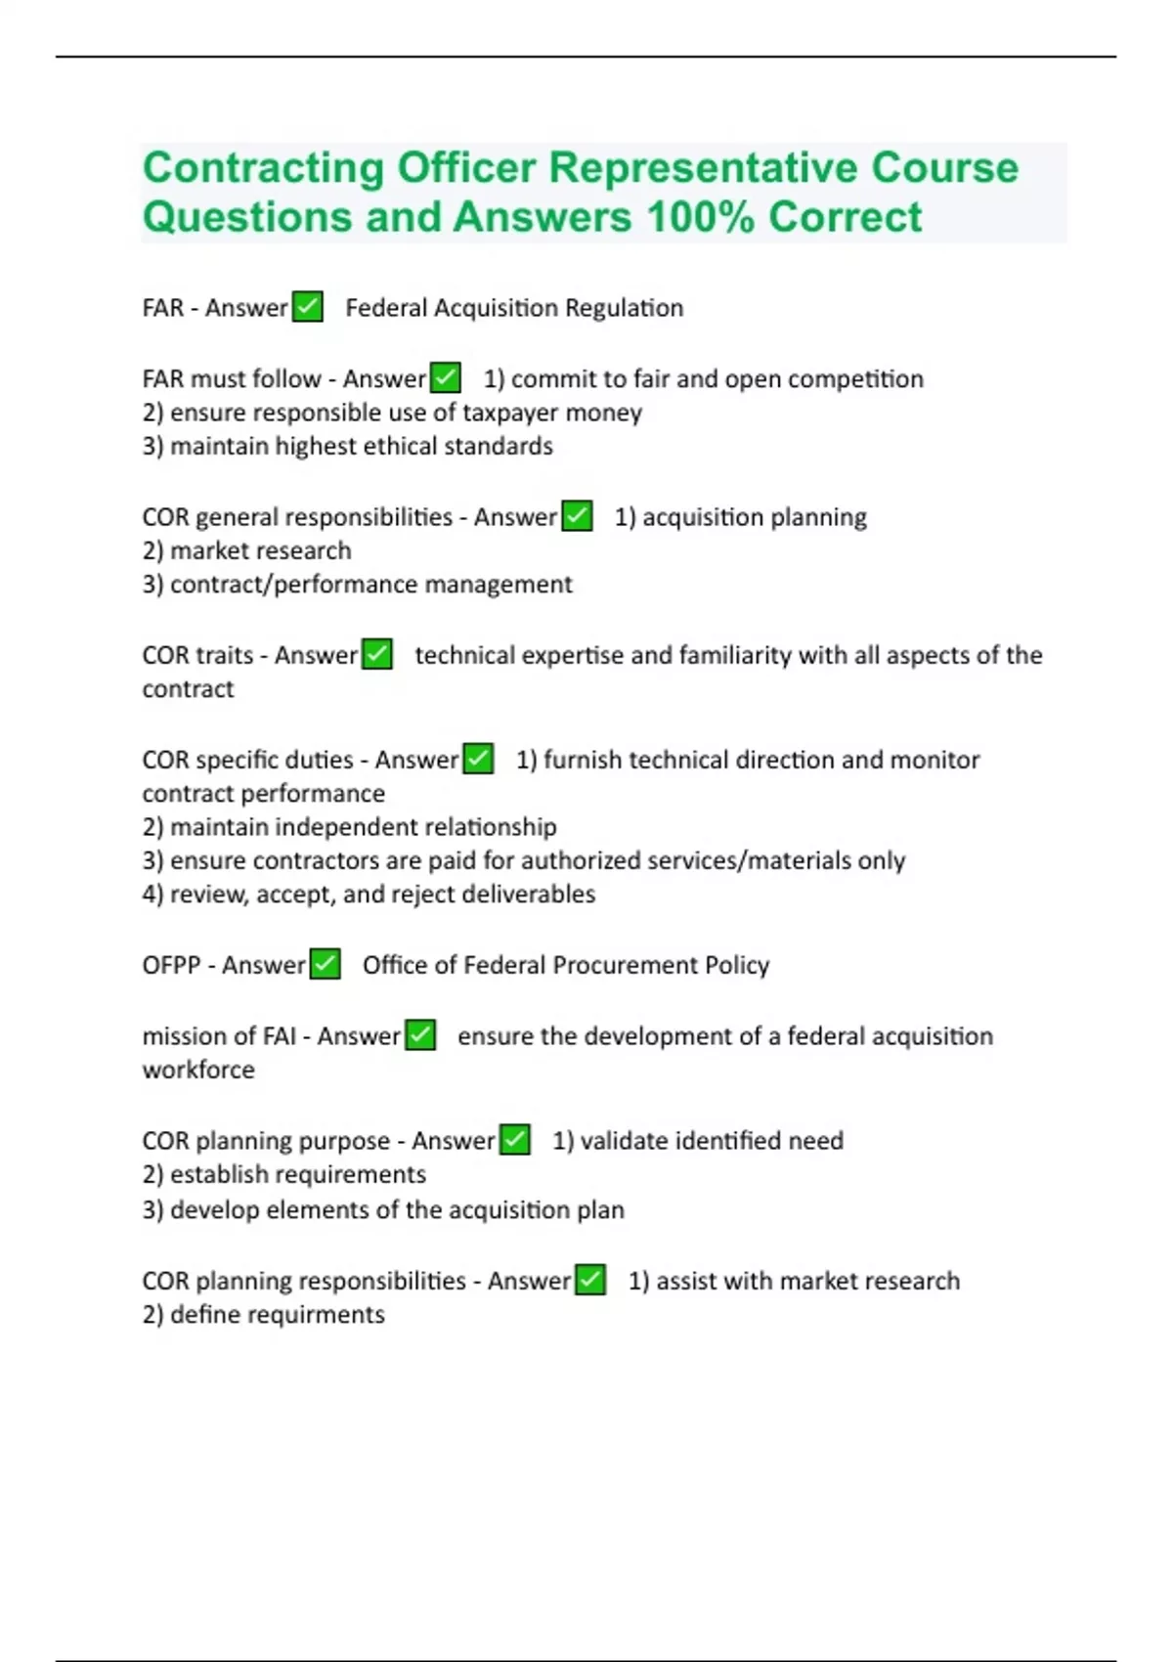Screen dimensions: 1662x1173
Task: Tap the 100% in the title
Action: pyautogui.click(x=700, y=217)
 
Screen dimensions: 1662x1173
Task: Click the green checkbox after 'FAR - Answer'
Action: pyautogui.click(x=308, y=307)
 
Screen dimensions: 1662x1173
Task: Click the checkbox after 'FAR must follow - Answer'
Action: pyautogui.click(x=446, y=377)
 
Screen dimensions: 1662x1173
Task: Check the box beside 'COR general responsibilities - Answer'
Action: pyautogui.click(x=578, y=515)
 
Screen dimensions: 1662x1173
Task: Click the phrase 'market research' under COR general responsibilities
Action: pyautogui.click(x=260, y=550)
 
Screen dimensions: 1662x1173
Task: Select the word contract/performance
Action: pyautogui.click(x=293, y=585)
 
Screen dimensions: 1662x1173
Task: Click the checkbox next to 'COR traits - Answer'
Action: pyautogui.click(x=377, y=654)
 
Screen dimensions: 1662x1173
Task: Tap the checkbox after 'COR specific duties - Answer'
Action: pyautogui.click(x=478, y=759)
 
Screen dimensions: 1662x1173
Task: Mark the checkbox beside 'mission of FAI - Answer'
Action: pyautogui.click(x=420, y=1034)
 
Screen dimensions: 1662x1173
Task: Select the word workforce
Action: pyautogui.click(x=198, y=1070)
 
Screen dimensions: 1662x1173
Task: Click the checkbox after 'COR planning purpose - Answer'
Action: pyautogui.click(x=515, y=1139)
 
